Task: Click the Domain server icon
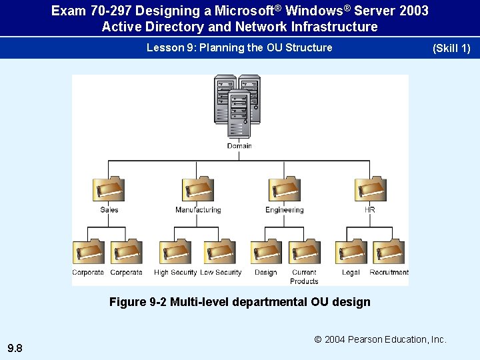pos(238,107)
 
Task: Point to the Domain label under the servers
pos(239,146)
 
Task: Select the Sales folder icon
pos(108,188)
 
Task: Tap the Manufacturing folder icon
pos(198,188)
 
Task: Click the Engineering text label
pos(285,210)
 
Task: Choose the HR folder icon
pos(370,188)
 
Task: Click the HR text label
pos(370,210)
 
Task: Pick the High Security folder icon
pos(175,252)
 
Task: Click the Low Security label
pos(221,273)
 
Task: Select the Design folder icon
pos(266,252)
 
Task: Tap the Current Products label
pos(304,277)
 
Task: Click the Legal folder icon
pos(351,252)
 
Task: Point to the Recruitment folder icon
pos(389,252)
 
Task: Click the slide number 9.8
pos(15,348)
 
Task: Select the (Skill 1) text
pos(451,49)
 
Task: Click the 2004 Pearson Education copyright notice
pos(381,340)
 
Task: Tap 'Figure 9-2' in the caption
pos(138,302)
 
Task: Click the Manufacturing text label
pos(198,210)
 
